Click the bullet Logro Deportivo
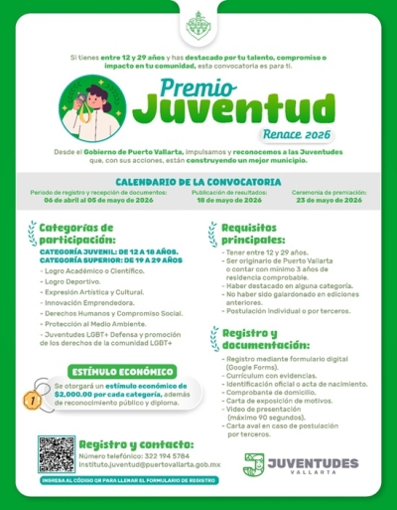click(x=68, y=281)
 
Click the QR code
click(x=56, y=453)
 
